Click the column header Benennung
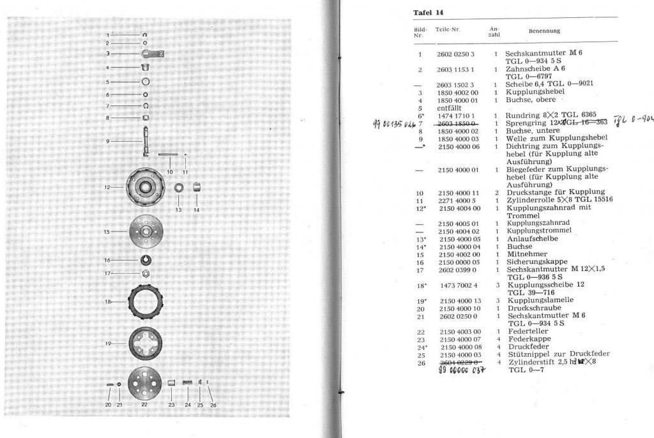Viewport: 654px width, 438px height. click(544, 31)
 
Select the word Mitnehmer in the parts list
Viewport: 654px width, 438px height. click(526, 254)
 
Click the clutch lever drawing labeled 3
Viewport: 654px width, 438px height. click(152, 54)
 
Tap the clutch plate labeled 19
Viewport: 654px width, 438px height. click(147, 344)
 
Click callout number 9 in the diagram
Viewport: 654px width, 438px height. click(108, 140)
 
